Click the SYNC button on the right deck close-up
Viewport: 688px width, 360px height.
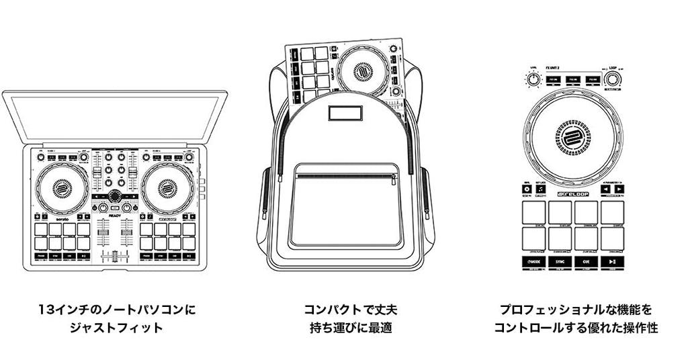pos(561,261)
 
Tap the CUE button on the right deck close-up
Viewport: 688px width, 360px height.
pos(587,261)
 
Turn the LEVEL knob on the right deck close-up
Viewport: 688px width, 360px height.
pos(533,80)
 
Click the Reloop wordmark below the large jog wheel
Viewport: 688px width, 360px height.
pos(573,194)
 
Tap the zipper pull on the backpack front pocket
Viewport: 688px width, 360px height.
pos(394,179)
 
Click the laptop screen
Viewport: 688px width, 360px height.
pos(115,118)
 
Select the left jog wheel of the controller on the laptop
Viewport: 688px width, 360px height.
pos(62,187)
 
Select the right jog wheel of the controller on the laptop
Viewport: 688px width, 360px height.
pos(167,187)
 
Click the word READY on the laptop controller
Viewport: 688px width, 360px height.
pos(115,214)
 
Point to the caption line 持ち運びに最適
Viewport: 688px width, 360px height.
pos(351,328)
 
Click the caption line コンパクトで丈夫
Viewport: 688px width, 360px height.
pos(351,310)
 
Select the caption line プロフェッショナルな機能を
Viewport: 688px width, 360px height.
pos(575,310)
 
